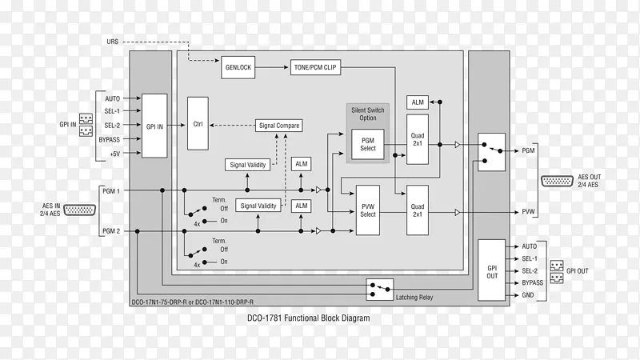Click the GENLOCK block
238,68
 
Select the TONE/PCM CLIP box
314,68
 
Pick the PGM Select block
368,144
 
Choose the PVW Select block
368,210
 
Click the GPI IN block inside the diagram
154,126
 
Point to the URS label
113,41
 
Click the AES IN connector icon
78,210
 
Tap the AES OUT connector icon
557,181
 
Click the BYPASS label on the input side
110,139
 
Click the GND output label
529,295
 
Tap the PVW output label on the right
529,212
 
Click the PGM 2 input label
110,231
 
